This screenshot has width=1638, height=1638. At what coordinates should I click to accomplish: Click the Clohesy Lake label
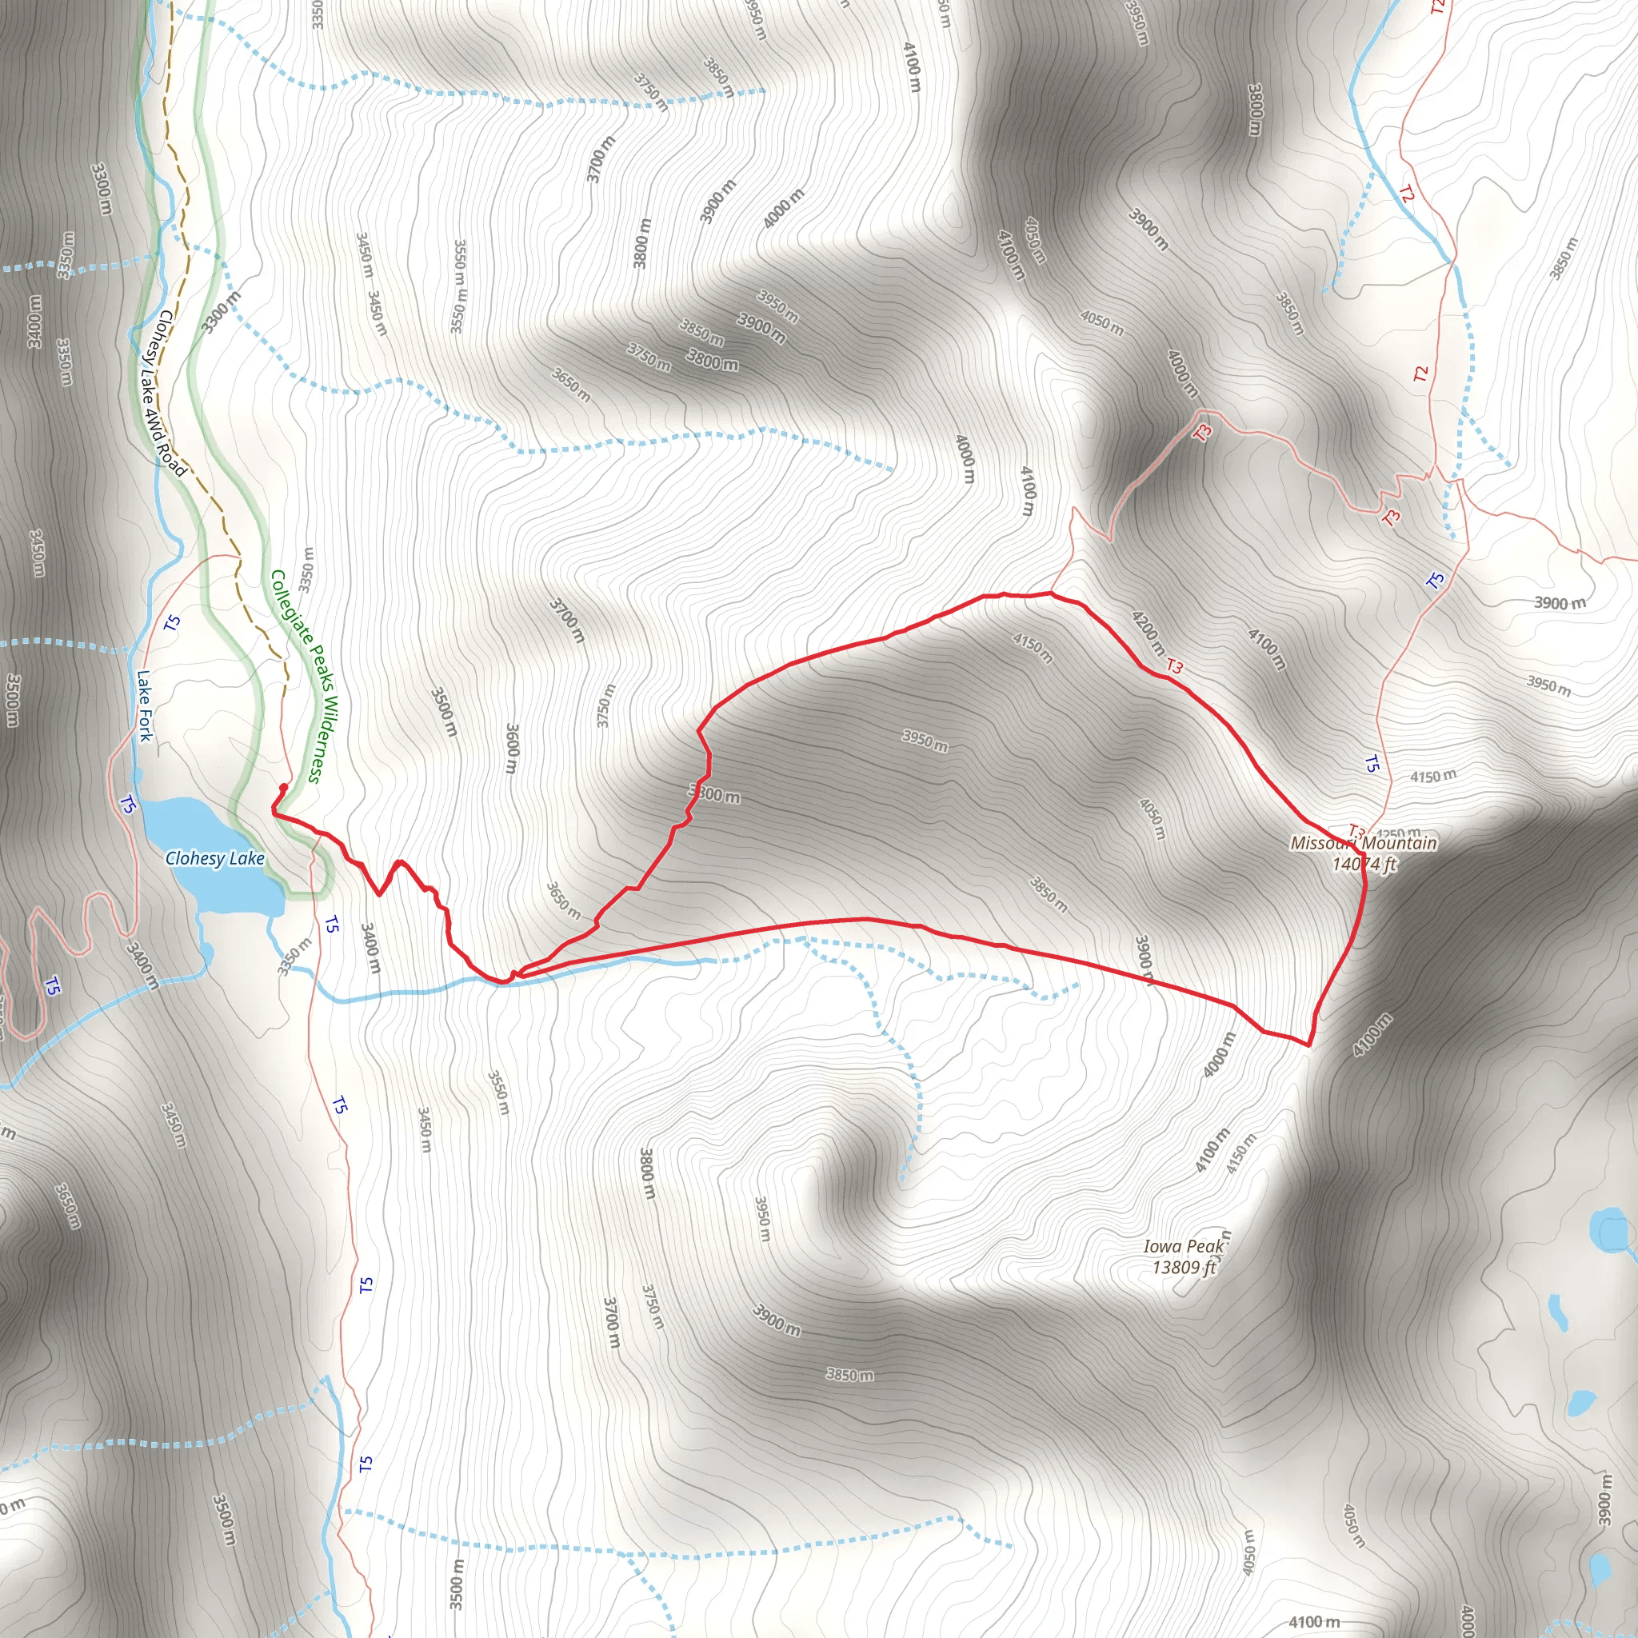215,858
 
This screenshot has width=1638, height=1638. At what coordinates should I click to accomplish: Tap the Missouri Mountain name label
1364,843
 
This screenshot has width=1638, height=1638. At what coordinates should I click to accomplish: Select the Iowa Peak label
1184,1245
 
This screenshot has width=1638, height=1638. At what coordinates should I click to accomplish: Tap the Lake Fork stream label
145,705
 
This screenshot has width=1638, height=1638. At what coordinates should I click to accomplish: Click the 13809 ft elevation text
1184,1267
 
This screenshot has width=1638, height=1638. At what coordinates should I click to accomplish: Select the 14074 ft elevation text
1364,864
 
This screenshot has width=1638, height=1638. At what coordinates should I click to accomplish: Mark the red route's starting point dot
282,787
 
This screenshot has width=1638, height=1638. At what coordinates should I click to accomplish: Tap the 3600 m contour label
511,748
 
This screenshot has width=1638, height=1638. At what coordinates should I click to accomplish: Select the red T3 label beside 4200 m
1174,666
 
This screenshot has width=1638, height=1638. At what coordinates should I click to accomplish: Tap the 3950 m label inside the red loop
924,740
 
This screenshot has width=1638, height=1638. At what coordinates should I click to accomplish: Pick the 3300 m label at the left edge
101,188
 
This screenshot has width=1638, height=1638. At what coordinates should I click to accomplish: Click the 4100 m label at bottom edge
1314,1621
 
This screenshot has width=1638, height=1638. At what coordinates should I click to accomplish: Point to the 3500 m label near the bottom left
223,1520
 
